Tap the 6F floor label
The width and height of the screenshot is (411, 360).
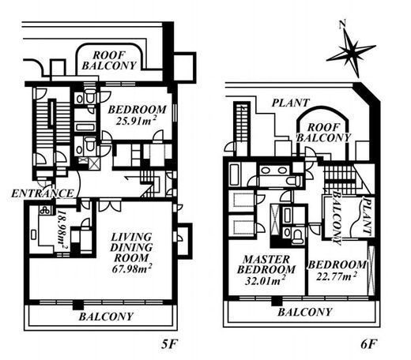click(368, 344)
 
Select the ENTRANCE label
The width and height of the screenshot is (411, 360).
click(43, 193)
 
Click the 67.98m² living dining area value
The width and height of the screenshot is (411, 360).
click(132, 268)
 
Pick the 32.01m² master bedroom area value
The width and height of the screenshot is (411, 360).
click(266, 280)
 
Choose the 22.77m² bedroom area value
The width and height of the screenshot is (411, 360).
click(337, 276)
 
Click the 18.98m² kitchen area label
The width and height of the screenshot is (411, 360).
click(62, 229)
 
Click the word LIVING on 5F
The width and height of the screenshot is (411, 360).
click(131, 237)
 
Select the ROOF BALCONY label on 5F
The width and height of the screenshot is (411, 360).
click(109, 60)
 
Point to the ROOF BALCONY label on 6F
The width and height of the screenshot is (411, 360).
click(324, 133)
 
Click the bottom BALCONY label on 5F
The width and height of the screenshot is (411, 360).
click(106, 317)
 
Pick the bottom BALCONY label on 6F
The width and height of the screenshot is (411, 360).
click(305, 312)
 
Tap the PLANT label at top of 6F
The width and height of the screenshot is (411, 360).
click(291, 103)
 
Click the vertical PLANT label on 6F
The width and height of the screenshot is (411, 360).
click(367, 216)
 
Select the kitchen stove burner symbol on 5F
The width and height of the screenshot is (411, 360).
click(45, 210)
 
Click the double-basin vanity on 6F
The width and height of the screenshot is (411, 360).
click(274, 171)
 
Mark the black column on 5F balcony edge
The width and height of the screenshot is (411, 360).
click(78, 305)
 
